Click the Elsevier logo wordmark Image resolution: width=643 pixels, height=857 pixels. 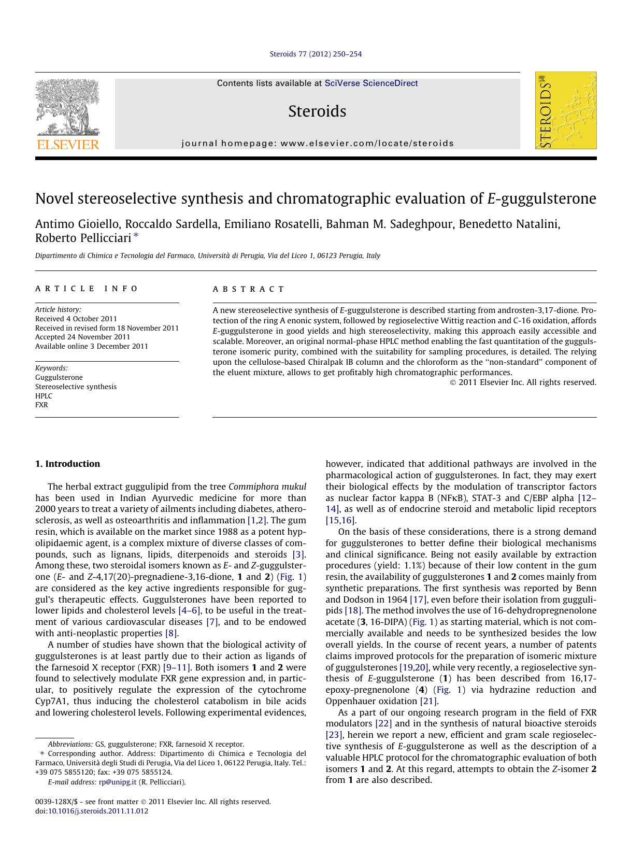click(67, 145)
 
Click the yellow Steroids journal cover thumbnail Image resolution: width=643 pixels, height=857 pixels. click(566, 110)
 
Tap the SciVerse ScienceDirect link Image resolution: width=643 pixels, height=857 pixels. click(371, 83)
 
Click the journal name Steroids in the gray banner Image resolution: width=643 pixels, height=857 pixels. click(317, 111)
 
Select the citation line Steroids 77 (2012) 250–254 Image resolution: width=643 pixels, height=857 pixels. click(316, 54)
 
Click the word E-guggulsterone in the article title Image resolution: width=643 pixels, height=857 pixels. click(541, 199)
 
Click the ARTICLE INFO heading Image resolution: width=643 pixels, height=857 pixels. click(87, 289)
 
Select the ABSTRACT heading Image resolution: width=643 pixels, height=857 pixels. click(249, 289)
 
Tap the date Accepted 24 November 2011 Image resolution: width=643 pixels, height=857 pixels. click(82, 337)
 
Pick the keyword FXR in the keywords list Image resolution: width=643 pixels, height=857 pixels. click(41, 405)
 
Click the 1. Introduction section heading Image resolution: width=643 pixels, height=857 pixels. click(67, 464)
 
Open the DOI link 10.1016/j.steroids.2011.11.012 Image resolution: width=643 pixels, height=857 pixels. click(98, 811)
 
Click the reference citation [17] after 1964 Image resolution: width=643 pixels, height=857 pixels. click(418, 599)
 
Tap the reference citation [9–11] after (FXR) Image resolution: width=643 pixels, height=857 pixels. click(177, 667)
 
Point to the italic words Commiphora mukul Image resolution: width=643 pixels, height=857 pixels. click(267, 487)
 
